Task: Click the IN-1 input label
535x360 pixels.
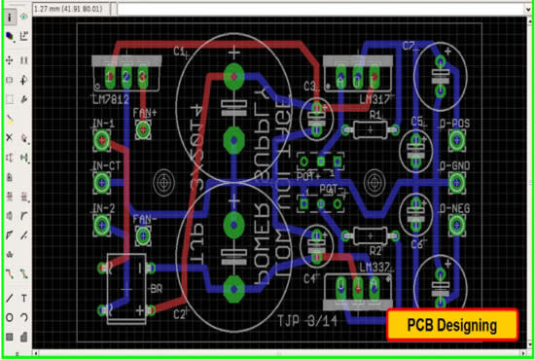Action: (x=102, y=125)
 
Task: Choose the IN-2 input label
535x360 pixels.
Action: (x=102, y=208)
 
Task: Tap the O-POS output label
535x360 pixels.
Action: (x=455, y=125)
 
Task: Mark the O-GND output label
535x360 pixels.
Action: (x=455, y=166)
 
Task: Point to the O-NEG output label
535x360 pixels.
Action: (x=455, y=208)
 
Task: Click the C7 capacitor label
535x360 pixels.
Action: (x=409, y=47)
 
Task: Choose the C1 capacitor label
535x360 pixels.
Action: (x=180, y=52)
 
